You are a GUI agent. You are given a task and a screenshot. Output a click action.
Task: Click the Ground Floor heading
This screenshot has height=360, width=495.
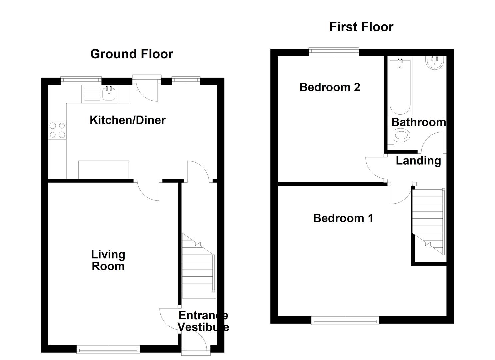[x=132, y=54]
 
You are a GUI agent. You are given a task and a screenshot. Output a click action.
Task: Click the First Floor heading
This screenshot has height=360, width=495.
[x=361, y=27]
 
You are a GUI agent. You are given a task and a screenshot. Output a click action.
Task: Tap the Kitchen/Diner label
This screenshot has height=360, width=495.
[x=127, y=120]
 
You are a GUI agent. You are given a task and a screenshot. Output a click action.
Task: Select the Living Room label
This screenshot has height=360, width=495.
[x=108, y=260]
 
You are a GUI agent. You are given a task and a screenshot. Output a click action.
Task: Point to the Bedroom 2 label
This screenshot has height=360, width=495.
[x=330, y=87]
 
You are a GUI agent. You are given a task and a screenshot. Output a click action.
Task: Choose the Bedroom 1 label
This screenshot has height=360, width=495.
[x=343, y=218]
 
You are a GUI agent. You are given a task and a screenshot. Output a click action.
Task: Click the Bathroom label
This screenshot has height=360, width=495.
[x=418, y=122]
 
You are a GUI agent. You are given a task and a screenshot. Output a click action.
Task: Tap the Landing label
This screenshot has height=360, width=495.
[x=418, y=161]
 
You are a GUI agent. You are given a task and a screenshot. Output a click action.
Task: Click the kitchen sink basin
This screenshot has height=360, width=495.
[x=109, y=94]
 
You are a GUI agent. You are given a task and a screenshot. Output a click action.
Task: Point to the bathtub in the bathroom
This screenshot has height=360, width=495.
[x=400, y=86]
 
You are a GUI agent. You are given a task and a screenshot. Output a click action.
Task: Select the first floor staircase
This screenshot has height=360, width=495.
[x=429, y=220]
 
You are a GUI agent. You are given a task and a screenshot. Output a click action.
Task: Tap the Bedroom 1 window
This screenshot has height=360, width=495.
[x=345, y=321]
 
